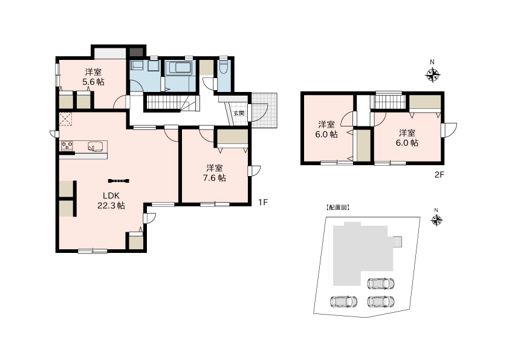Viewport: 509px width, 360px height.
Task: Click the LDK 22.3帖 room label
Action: [x=111, y=200]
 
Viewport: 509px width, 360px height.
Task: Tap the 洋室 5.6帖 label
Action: [x=93, y=77]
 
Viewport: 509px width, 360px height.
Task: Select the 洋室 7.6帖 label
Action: [x=214, y=173]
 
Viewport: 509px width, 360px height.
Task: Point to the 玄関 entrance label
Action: [x=239, y=113]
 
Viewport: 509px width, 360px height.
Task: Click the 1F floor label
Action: [x=262, y=203]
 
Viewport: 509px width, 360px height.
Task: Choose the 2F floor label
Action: [x=439, y=175]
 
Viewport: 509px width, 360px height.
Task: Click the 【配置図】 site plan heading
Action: [x=338, y=208]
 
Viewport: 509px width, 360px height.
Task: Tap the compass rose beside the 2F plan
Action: [x=432, y=75]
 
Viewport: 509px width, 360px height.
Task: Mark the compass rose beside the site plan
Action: [x=436, y=221]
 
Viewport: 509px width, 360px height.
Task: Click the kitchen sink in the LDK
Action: [x=96, y=146]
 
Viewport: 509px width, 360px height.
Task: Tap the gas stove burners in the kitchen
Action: [x=67, y=146]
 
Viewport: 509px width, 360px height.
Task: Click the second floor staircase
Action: [x=389, y=102]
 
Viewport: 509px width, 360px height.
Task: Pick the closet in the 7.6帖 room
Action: [x=232, y=137]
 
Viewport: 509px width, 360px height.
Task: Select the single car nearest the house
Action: [x=381, y=284]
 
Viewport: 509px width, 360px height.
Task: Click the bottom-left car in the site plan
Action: [x=344, y=301]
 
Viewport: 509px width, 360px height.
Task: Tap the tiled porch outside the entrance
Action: [x=265, y=111]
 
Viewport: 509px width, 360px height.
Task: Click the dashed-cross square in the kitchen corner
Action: [x=66, y=119]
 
